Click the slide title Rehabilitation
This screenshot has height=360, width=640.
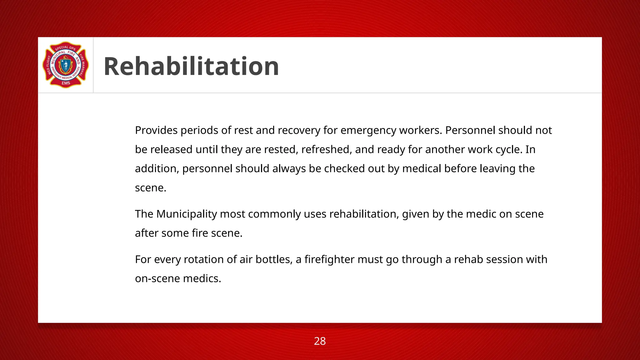191,66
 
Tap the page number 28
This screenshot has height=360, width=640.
320,341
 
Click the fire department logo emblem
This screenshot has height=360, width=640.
66,65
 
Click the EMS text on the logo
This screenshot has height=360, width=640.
66,83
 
